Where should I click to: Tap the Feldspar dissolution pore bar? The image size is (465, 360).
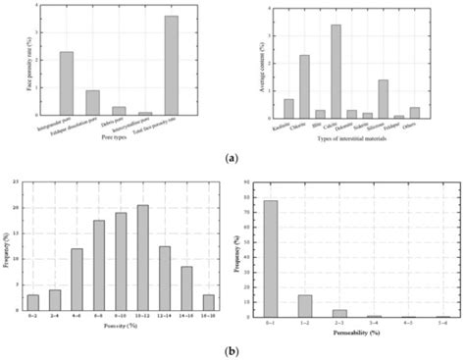[92, 103]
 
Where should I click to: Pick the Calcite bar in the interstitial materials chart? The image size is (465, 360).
[336, 71]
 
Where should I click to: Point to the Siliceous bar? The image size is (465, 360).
[383, 98]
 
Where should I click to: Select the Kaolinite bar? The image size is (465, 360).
[288, 108]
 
